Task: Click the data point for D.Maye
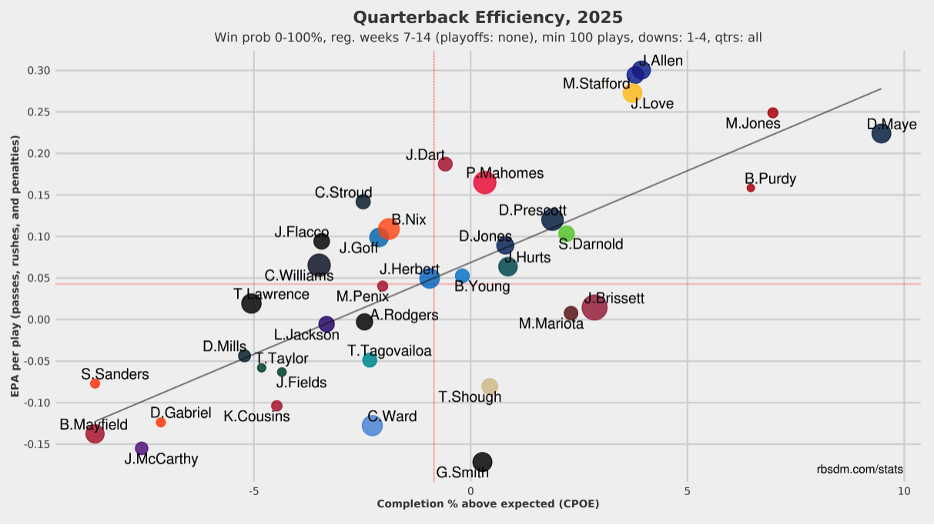click(x=881, y=133)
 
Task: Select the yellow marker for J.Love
click(x=632, y=93)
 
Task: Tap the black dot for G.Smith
click(x=482, y=462)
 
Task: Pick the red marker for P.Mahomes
click(x=484, y=182)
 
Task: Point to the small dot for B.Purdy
click(x=751, y=188)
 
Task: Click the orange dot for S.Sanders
click(x=95, y=383)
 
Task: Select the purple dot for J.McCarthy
click(x=142, y=449)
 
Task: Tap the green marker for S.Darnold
click(x=567, y=233)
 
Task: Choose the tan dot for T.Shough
click(x=490, y=386)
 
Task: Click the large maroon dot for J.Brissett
click(x=594, y=308)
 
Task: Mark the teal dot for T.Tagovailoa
click(x=370, y=359)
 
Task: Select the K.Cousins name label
click(x=257, y=416)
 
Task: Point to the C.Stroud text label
click(x=343, y=192)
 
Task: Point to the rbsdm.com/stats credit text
click(x=860, y=470)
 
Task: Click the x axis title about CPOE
click(x=487, y=504)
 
